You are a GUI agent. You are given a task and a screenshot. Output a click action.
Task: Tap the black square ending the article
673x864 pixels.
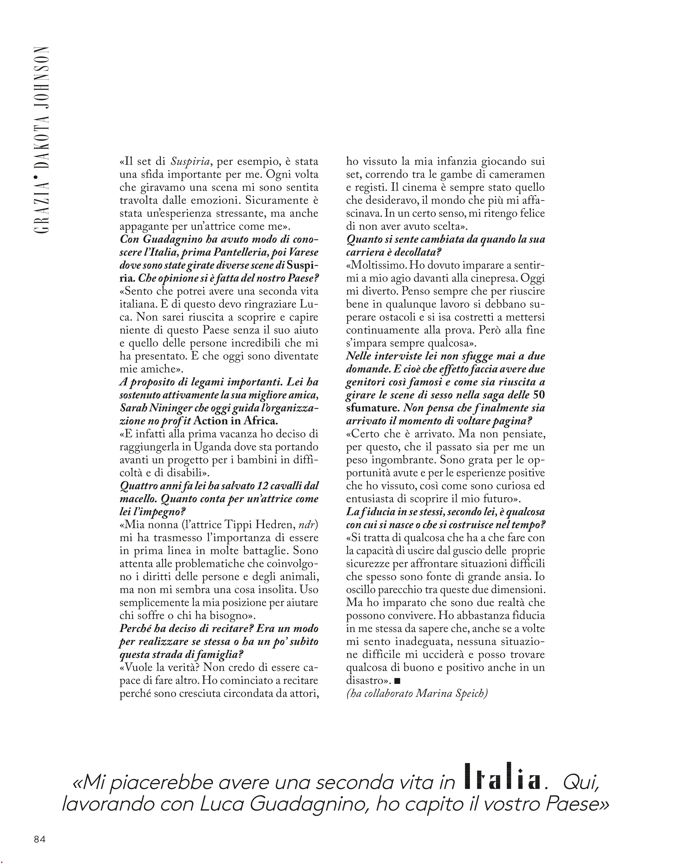pos(398,681)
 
